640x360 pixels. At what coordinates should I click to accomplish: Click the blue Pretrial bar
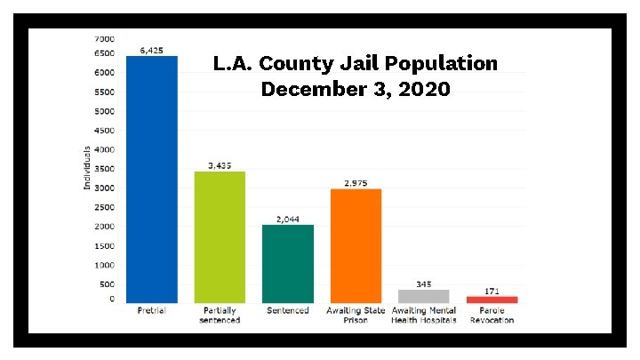coord(152,179)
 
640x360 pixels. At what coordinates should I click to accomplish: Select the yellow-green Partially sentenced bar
coord(220,236)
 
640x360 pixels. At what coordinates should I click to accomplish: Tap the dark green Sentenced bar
coord(287,263)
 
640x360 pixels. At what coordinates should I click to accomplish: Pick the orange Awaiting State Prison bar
coord(356,245)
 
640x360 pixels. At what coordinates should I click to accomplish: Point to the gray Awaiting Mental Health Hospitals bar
coord(423,296)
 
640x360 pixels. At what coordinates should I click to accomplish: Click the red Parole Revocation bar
coord(492,300)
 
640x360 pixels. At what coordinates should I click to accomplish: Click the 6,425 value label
coord(151,51)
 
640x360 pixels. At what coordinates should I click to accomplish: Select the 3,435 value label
coord(220,165)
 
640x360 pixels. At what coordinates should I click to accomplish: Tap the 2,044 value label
coord(287,219)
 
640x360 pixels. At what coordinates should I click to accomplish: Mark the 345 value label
coord(423,284)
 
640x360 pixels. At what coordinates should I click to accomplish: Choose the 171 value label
coord(492,291)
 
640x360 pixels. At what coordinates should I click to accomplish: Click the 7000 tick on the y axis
coord(105,39)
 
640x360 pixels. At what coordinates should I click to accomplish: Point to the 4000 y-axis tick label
coord(105,149)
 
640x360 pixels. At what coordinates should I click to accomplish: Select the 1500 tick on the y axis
coord(105,245)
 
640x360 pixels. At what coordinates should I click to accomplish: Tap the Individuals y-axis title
coord(86,167)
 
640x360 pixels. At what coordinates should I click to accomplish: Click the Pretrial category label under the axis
coord(151,310)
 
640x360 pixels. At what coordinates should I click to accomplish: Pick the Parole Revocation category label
coord(492,315)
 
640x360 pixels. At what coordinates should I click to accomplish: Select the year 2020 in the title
coord(425,90)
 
